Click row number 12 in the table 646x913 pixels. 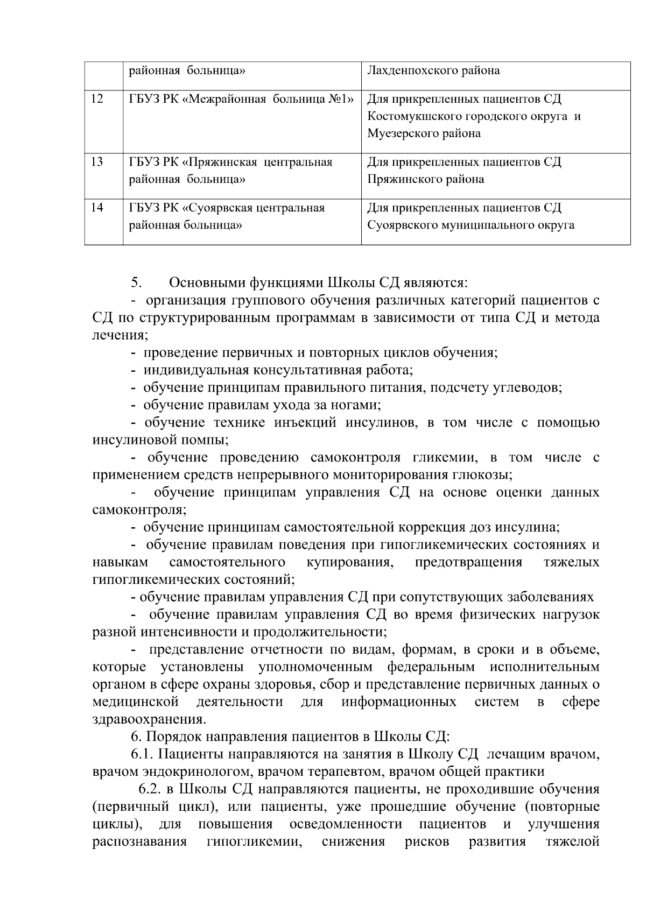point(97,99)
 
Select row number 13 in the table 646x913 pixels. point(97,162)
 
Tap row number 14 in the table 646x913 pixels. point(97,208)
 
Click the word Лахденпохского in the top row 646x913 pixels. point(409,70)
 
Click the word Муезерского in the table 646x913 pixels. point(401,133)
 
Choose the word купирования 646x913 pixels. point(349,562)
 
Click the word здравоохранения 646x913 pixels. point(149,719)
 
